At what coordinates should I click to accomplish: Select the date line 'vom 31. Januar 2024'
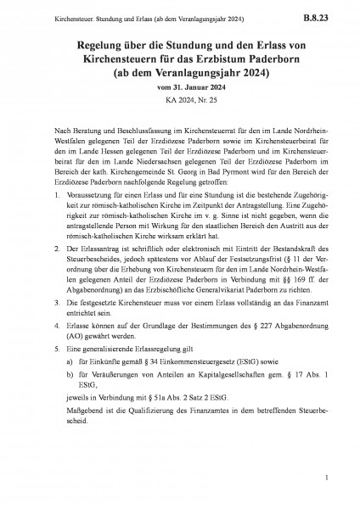pyautogui.click(x=180, y=89)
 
